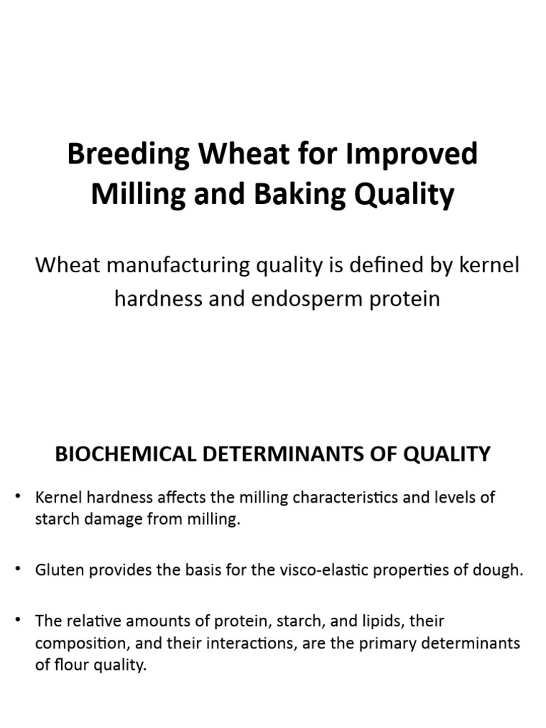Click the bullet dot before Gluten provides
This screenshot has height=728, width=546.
pyautogui.click(x=19, y=571)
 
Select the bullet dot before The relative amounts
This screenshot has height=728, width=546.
pyautogui.click(x=19, y=621)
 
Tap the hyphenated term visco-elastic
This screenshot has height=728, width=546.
pyautogui.click(x=313, y=571)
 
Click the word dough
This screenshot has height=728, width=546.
pyautogui.click(x=503, y=571)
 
